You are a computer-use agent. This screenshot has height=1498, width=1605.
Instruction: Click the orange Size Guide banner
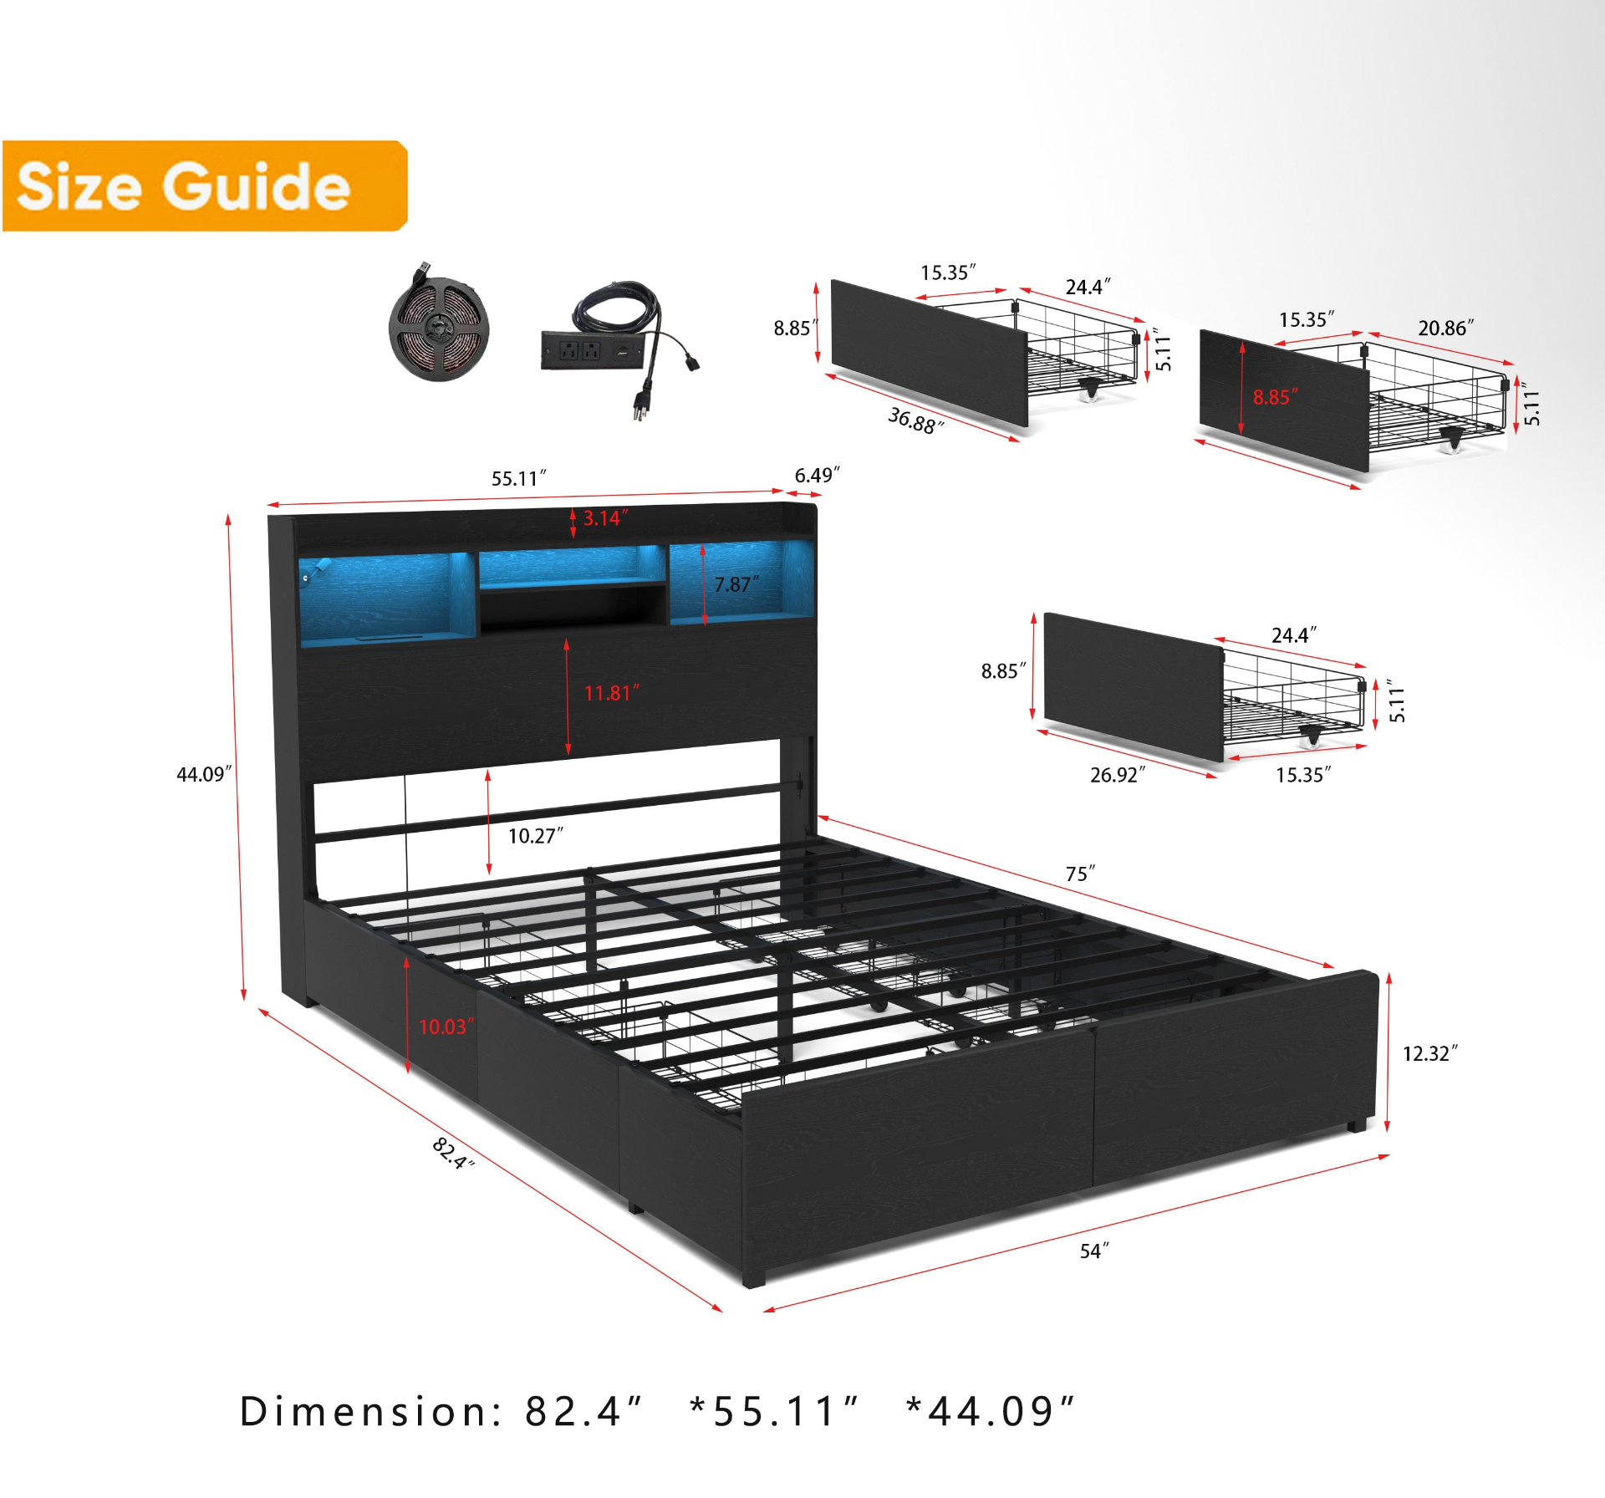click(x=205, y=186)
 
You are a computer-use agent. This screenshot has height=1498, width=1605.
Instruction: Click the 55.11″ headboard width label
click(x=518, y=479)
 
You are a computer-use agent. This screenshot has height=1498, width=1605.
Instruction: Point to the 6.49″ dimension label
click(x=817, y=476)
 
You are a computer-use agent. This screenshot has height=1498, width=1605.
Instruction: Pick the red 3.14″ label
click(x=606, y=518)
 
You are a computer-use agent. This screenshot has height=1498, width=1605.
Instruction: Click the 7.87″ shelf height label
click(x=736, y=584)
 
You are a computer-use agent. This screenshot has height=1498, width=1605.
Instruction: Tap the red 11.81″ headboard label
click(x=611, y=693)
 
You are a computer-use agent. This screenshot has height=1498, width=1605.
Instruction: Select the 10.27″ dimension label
click(x=536, y=836)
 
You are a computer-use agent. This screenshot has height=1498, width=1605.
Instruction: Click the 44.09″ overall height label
click(x=204, y=774)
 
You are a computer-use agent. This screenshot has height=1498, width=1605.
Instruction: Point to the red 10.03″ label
click(x=446, y=1027)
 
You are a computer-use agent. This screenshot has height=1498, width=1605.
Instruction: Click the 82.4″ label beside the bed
click(x=453, y=1154)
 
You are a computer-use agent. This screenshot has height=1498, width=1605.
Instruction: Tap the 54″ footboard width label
click(x=1094, y=1251)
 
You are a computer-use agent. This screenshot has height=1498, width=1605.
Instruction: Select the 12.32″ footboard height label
click(x=1429, y=1053)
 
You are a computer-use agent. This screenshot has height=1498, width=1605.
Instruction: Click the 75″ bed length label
click(x=1080, y=874)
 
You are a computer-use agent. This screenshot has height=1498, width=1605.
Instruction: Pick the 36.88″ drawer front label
click(x=915, y=420)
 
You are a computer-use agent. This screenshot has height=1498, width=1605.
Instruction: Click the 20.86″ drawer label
click(x=1445, y=328)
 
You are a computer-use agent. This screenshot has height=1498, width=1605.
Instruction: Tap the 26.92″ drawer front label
click(x=1118, y=775)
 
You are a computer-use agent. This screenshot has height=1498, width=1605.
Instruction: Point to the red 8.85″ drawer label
click(x=1275, y=397)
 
